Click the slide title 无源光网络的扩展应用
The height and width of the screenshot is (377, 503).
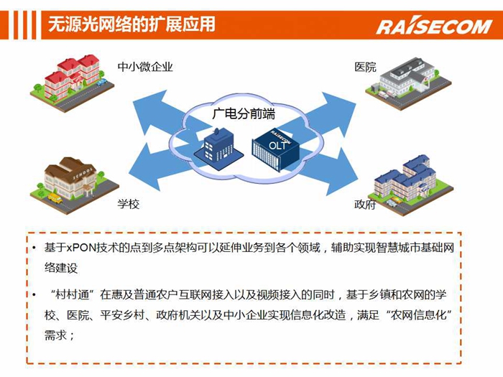131,24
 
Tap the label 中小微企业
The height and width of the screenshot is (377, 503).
145,67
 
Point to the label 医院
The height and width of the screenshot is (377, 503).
365,67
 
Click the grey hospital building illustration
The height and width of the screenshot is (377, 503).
408,83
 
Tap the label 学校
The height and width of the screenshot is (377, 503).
129,204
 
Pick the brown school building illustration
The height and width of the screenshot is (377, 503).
75,185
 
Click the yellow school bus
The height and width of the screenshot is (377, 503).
55,198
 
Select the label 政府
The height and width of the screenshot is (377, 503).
365,204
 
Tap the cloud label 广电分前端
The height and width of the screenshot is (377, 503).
244,113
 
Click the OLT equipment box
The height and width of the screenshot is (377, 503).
275,150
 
